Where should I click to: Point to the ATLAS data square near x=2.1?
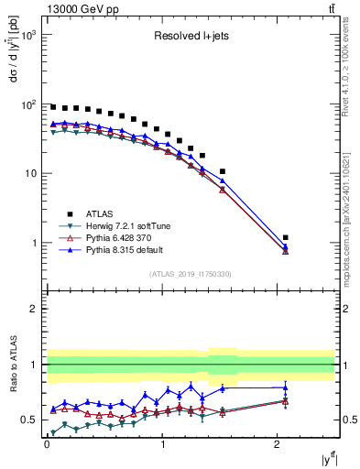(286, 237)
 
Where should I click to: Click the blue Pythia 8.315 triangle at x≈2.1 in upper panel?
(286, 246)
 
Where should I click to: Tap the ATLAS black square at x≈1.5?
(223, 171)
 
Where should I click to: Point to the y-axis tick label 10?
(30, 174)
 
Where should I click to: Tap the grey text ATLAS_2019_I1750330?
(191, 274)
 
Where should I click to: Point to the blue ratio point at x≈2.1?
(286, 387)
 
